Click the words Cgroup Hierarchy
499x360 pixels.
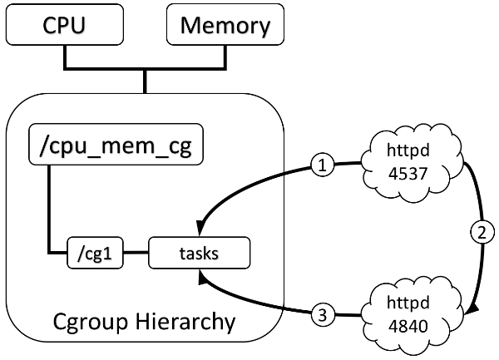point(143,319)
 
